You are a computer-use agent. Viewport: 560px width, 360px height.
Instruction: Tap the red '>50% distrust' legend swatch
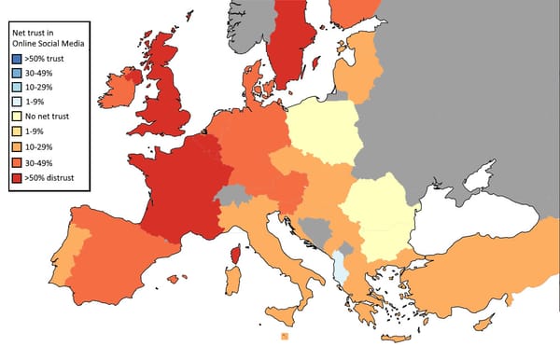(x=17, y=177)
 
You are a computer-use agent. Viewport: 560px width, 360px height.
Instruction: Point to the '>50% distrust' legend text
(x=55, y=177)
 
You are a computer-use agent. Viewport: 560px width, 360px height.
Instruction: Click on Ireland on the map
(x=123, y=90)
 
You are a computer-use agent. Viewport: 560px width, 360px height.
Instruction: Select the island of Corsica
(x=236, y=254)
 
